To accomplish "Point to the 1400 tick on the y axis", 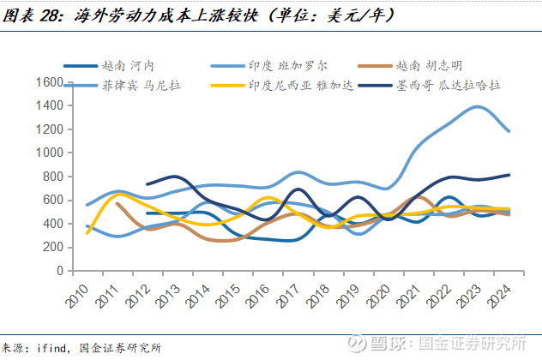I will (x=49, y=105).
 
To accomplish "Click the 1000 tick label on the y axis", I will (x=49, y=153).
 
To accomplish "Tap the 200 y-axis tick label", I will (x=52, y=247).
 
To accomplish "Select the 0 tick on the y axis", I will (x=58, y=271).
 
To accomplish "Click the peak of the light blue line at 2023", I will (x=477, y=106).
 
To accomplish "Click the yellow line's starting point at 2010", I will (x=87, y=232).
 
